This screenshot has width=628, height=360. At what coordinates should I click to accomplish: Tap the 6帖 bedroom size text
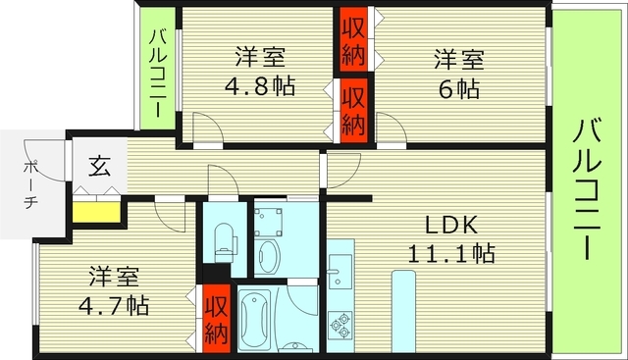click(457, 87)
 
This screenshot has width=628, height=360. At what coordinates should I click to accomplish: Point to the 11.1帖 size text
click(451, 254)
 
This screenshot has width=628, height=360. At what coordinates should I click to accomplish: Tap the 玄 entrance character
click(100, 166)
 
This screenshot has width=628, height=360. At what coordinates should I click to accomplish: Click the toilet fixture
click(222, 236)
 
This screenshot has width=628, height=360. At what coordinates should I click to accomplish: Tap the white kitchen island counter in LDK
click(404, 312)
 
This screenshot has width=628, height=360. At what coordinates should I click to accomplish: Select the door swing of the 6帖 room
click(391, 127)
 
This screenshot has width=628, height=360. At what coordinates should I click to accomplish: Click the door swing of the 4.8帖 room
click(206, 128)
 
